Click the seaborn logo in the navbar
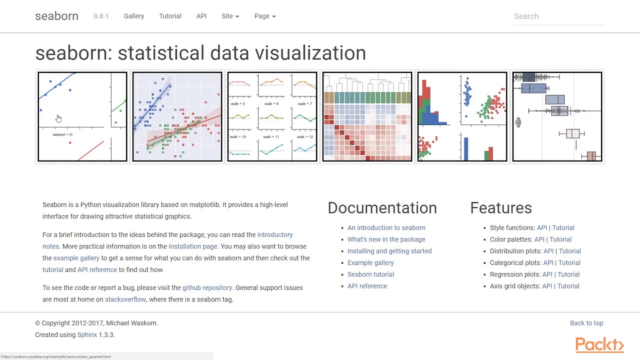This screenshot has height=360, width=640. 56,16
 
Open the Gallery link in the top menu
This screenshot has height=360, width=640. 134,16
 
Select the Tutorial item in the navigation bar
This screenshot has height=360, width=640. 170,16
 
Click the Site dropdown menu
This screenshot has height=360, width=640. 230,16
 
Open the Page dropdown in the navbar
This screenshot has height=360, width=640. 264,16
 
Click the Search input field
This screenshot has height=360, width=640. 558,16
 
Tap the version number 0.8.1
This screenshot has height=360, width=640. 101,16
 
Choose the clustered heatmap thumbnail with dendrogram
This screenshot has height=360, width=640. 367,117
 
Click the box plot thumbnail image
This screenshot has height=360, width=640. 557,117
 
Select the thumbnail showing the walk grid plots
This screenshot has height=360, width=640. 272,117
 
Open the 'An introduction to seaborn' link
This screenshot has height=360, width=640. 386,227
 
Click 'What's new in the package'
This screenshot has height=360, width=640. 386,239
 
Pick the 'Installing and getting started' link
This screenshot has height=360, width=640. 389,251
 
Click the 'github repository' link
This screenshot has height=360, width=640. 207,287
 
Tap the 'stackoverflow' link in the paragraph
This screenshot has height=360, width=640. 125,299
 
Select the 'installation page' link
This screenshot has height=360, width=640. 192,246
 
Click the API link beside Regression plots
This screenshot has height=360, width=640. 547,274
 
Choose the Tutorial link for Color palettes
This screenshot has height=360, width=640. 560,239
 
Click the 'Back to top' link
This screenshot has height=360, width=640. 586,323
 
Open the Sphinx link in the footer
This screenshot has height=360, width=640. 87,335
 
